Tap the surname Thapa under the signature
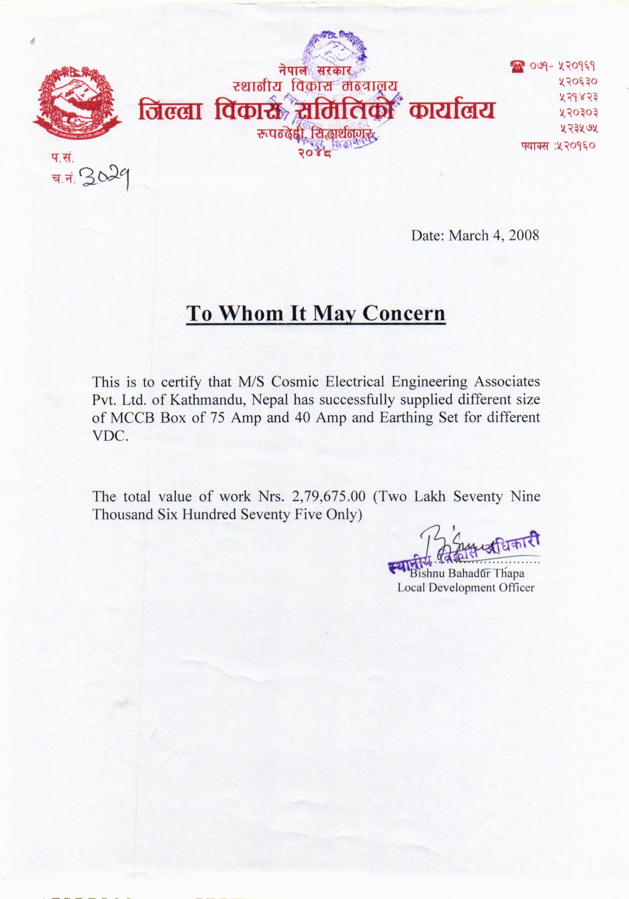(509, 574)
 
